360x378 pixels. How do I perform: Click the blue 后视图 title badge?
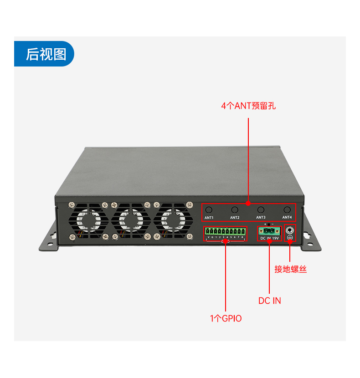point(44,54)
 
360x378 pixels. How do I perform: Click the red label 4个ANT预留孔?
point(248,106)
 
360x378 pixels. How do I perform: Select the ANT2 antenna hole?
point(235,209)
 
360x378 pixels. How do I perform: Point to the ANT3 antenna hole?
point(261,209)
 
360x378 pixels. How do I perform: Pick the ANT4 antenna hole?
point(287,209)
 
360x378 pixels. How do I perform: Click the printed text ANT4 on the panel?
point(287,218)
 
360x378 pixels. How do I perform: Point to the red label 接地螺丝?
point(290,269)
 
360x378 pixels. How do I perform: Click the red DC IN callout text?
point(270,301)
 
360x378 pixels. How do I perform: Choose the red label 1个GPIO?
point(226,318)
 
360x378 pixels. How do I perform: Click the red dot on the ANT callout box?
point(248,203)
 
